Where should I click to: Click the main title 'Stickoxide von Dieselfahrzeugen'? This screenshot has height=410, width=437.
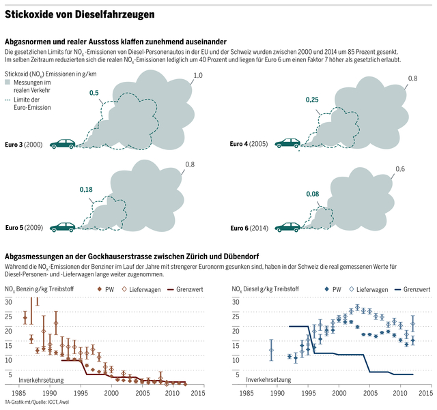coord(79,14)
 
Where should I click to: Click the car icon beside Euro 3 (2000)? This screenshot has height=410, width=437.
coord(64,144)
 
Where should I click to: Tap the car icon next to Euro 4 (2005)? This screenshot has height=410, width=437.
coord(286,143)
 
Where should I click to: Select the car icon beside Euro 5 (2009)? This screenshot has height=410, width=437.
coord(63,226)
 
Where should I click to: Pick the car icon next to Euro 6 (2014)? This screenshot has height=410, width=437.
coord(286,226)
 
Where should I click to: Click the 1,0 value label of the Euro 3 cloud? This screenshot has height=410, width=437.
coord(198,76)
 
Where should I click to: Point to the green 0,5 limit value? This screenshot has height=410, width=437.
coord(94,93)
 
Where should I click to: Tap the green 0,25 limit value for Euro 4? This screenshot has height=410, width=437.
coord(312,100)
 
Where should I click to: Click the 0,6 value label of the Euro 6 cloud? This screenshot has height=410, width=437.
coord(400,169)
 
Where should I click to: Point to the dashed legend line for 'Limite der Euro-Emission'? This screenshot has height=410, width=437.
coord(8,100)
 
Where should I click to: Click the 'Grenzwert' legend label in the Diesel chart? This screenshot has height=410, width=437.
coord(416,289)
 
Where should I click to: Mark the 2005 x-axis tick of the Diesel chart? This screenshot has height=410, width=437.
coord(369,394)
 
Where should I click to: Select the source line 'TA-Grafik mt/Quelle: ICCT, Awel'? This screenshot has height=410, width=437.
coord(37,402)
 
